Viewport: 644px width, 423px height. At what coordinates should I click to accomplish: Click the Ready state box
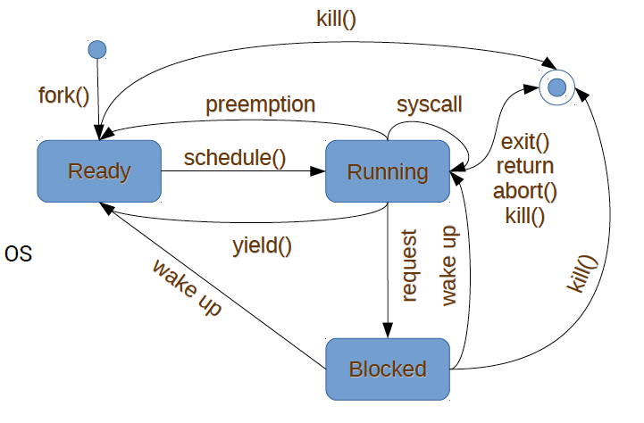point(99,171)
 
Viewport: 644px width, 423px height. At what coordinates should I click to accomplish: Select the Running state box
point(388,171)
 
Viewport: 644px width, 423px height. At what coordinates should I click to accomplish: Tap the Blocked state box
point(388,369)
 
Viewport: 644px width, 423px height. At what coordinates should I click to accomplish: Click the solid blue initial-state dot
point(97,48)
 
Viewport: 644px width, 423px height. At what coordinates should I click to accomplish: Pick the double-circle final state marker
point(557,87)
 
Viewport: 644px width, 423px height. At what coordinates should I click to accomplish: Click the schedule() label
point(234,158)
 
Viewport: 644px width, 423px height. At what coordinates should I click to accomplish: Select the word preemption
point(260,104)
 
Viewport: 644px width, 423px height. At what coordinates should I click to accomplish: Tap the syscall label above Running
point(430,104)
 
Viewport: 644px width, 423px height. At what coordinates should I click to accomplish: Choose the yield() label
point(262,243)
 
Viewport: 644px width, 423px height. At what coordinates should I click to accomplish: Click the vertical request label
point(409,266)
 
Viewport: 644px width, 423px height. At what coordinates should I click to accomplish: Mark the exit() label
point(524,141)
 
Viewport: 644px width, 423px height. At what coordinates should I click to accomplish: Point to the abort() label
point(524,190)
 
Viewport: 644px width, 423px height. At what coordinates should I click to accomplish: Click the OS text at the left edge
point(18,254)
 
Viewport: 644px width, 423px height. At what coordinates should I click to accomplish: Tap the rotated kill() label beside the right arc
point(581,275)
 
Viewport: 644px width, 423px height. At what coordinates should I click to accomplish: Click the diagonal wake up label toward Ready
point(187,287)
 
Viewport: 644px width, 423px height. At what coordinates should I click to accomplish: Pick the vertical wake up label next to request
point(449,264)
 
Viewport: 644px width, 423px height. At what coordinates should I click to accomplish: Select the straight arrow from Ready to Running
point(241,171)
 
